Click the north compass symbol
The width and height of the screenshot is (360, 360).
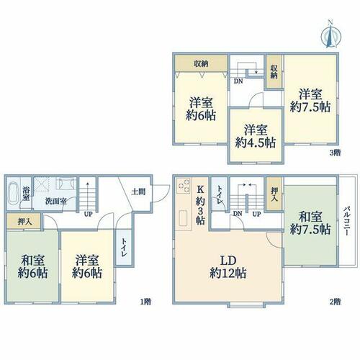coord(331,35)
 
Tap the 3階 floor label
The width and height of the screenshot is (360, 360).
coord(335,153)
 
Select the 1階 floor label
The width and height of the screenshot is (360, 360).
coord(145,301)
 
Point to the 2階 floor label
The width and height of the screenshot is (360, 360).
coord(335,301)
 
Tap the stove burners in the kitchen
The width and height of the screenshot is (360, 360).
coord(184,185)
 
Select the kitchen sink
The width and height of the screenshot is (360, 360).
coord(184,218)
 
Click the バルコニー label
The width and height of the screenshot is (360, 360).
coord(346,220)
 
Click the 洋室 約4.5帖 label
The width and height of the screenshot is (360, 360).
coord(255,136)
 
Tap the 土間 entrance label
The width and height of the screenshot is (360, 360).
coord(138,192)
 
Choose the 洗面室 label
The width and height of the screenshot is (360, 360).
coord(56,201)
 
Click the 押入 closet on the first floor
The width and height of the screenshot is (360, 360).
coord(24,221)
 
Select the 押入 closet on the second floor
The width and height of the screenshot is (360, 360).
coord(274,194)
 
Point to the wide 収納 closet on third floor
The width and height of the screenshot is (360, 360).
coord(201,63)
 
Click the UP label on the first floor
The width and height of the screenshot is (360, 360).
coord(88,214)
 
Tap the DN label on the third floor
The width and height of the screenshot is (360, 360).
coord(238,81)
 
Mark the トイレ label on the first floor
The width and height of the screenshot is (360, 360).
coord(124,248)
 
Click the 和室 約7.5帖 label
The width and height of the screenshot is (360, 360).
coord(310,223)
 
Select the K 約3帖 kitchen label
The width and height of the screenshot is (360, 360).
coord(200,205)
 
